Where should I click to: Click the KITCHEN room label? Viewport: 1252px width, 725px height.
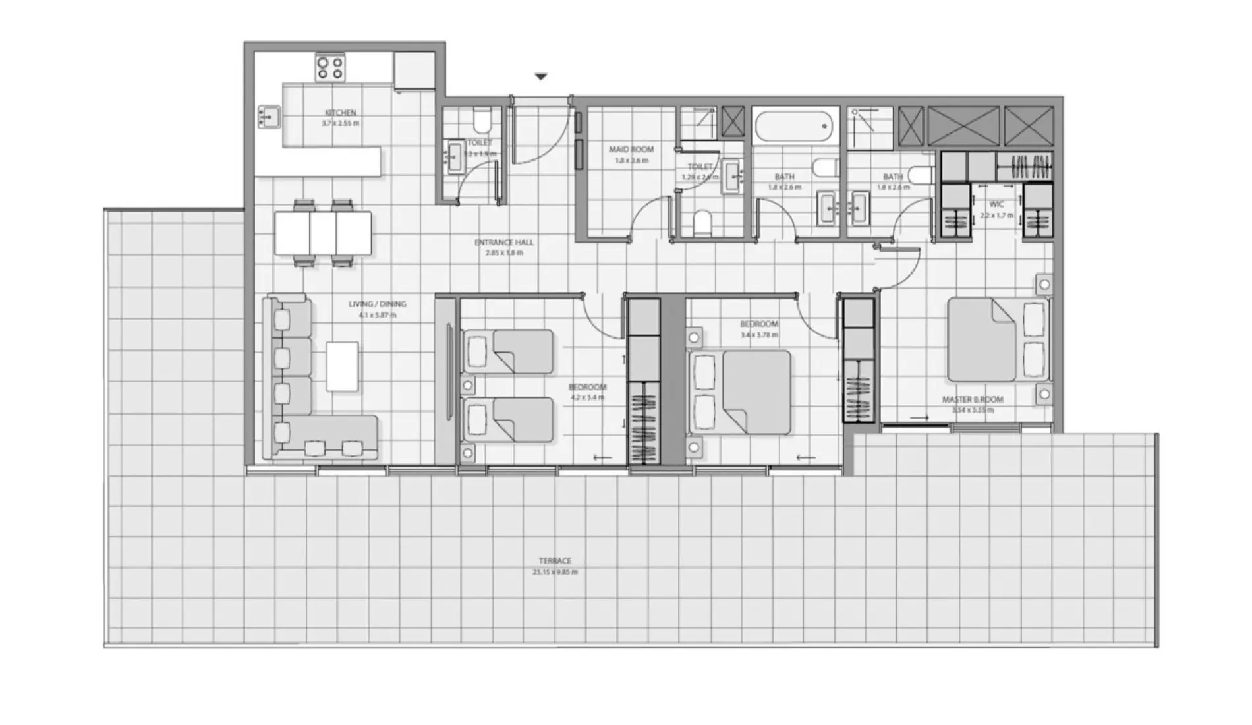coord(340,113)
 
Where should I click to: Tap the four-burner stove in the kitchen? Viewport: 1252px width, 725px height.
coord(329,68)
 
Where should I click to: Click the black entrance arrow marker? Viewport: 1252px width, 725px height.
coord(540,77)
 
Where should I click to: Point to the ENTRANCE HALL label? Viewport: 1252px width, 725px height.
coord(504,243)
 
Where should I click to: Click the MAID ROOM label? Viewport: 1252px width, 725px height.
coord(631,150)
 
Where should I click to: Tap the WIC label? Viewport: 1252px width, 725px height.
coord(996,204)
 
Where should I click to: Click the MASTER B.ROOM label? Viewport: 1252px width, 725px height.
coord(972,399)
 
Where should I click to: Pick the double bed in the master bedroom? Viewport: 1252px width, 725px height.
coord(997,339)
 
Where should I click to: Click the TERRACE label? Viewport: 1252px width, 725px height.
coord(555,561)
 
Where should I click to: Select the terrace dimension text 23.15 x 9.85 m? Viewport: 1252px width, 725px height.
coord(555,572)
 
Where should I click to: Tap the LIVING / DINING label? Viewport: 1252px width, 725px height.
coord(378,304)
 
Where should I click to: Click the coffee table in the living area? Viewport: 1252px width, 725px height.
coord(343,366)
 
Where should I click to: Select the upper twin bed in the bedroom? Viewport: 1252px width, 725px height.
coord(508,351)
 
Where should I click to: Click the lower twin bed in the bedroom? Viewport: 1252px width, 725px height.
coord(508,420)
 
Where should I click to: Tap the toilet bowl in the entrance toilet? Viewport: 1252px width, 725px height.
coord(482,121)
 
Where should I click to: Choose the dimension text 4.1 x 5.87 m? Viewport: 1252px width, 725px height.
coord(378,315)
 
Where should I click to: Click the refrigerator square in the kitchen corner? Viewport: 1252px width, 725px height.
coord(414,69)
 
